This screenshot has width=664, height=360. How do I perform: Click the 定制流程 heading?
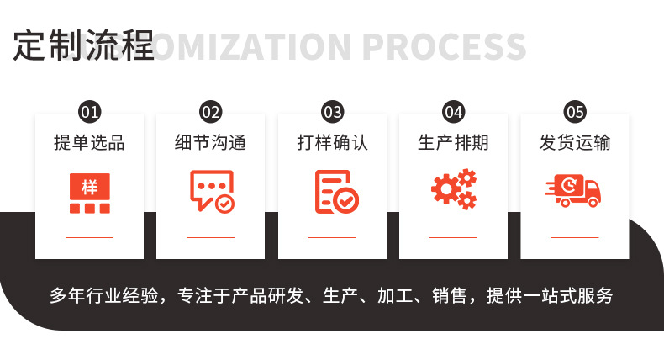click(x=83, y=46)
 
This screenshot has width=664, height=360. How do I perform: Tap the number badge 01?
click(x=89, y=112)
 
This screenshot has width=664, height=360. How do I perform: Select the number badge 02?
click(x=210, y=112)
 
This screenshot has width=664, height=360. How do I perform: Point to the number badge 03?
click(x=332, y=112)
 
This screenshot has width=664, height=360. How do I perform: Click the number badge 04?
click(x=453, y=112)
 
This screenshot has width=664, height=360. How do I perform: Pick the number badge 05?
click(x=575, y=112)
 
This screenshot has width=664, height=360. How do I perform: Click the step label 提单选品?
click(x=89, y=143)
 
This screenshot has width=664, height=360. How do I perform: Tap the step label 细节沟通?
click(x=210, y=143)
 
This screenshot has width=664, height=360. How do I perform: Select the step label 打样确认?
click(x=332, y=143)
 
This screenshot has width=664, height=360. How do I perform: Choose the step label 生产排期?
click(x=453, y=143)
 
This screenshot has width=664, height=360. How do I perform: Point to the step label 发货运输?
click(x=575, y=143)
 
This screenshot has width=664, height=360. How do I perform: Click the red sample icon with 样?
click(x=89, y=192)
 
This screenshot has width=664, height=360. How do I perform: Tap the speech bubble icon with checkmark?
click(x=211, y=191)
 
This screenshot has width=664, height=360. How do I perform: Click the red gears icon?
click(x=454, y=190)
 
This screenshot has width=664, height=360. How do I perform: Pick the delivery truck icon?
click(x=574, y=191)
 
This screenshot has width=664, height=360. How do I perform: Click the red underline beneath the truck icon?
click(x=575, y=238)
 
